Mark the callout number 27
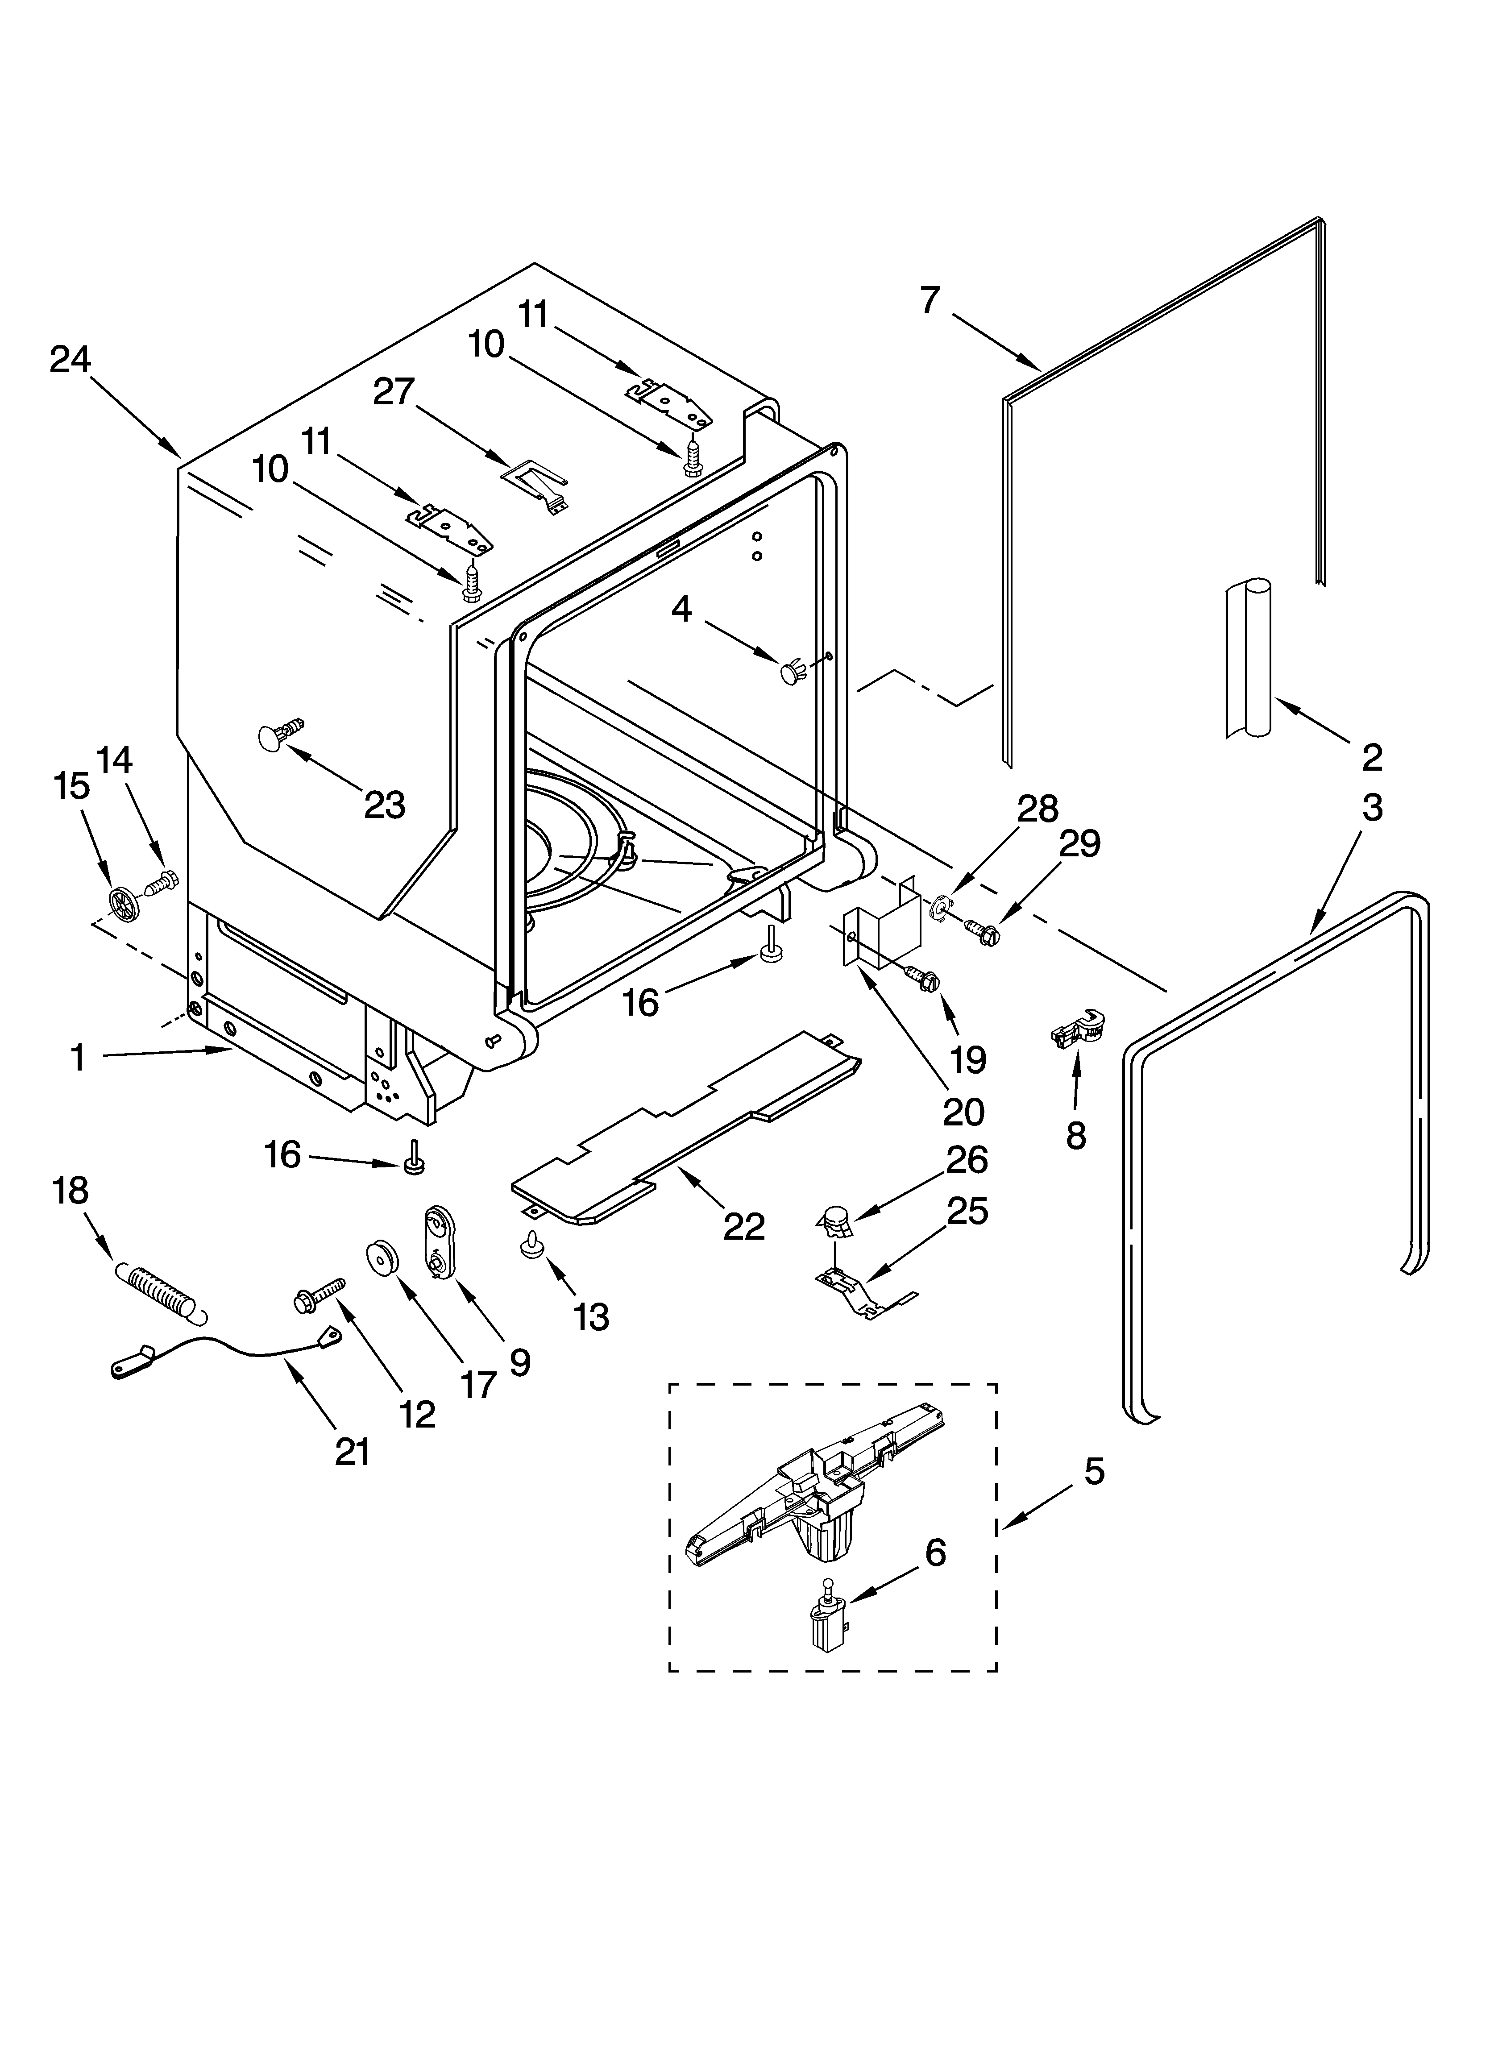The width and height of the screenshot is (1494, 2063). (x=394, y=392)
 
